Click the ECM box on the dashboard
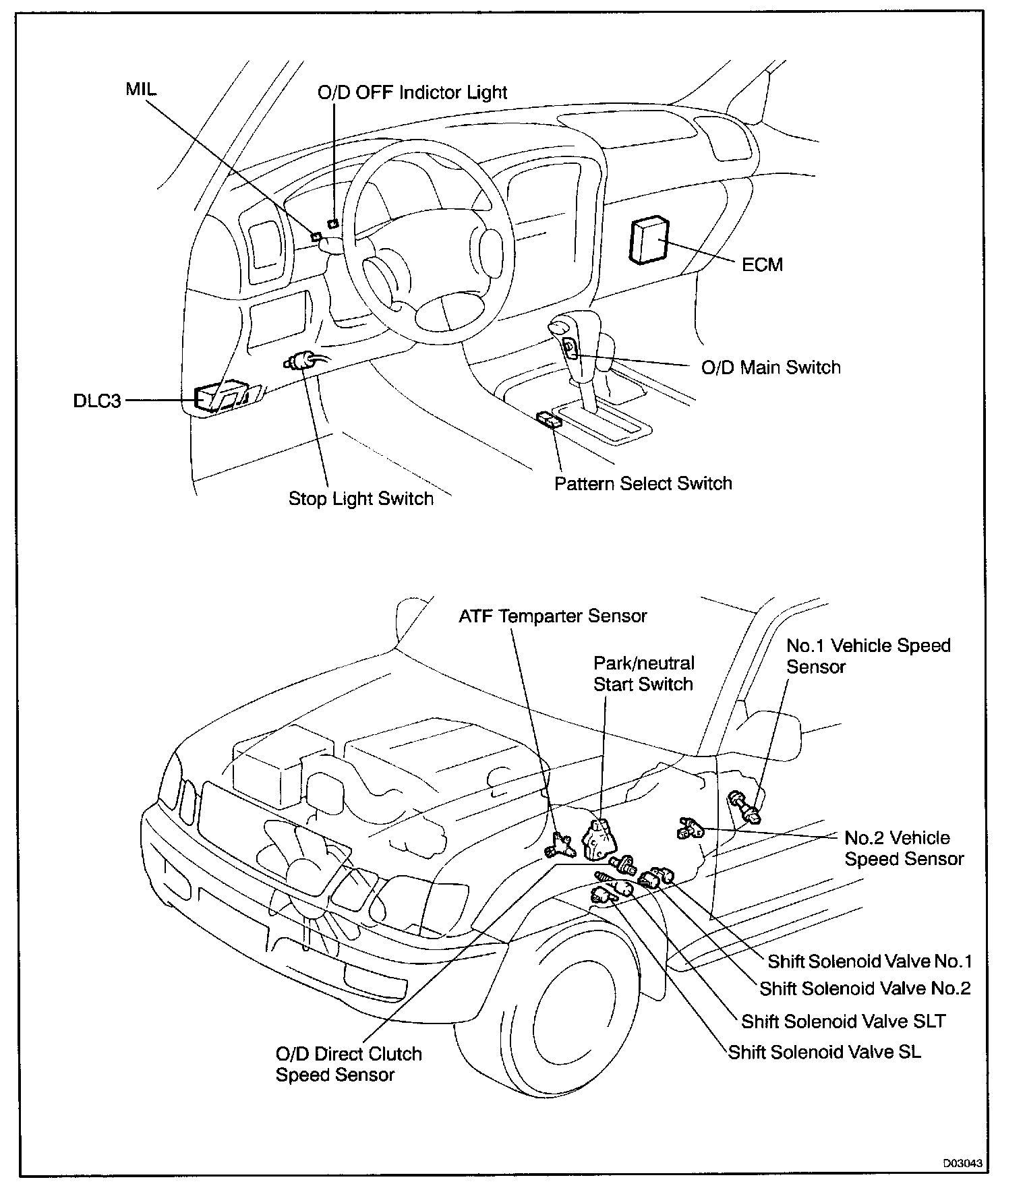point(648,239)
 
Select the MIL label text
point(141,89)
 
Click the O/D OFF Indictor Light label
point(412,92)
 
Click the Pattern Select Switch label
point(643,483)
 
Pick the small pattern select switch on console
point(549,420)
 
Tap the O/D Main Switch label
point(771,367)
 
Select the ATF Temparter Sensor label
point(552,616)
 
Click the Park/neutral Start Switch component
point(598,839)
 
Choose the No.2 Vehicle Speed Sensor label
point(904,848)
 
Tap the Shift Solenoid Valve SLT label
point(843,1021)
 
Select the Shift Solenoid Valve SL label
point(824,1052)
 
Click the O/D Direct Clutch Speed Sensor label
point(348,1064)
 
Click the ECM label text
point(762,264)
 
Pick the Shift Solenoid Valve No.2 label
point(865,988)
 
